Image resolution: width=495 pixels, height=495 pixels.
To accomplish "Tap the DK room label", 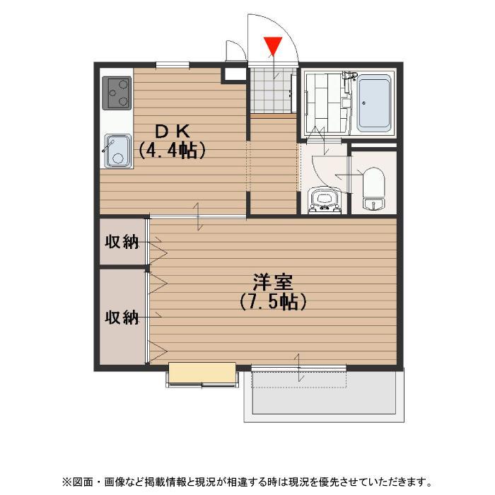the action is click(x=173, y=132).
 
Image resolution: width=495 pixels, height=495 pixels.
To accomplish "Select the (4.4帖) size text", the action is click(x=173, y=150).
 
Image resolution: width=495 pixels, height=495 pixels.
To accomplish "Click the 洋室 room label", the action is click(x=273, y=282).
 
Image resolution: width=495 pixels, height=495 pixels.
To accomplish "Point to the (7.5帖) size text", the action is click(x=273, y=302).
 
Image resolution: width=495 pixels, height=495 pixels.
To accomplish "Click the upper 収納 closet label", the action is click(x=122, y=242).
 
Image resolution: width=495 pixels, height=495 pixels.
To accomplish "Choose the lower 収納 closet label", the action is click(x=122, y=317).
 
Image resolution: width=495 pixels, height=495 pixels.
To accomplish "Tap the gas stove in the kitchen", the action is click(x=117, y=93).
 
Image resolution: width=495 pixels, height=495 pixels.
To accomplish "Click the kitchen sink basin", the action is click(x=118, y=151).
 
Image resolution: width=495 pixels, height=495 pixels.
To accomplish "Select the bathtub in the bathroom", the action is click(x=374, y=103).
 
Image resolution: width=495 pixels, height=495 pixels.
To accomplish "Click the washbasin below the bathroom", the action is click(x=324, y=200).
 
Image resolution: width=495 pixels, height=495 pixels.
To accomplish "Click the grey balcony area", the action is click(x=324, y=396).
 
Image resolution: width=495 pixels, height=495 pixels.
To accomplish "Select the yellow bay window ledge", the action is click(x=202, y=372).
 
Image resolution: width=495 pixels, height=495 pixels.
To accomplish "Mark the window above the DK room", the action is click(x=173, y=65).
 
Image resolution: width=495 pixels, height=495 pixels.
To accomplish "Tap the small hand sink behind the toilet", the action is click(x=374, y=204).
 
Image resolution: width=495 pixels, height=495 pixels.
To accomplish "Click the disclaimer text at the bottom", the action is click(x=248, y=482).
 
